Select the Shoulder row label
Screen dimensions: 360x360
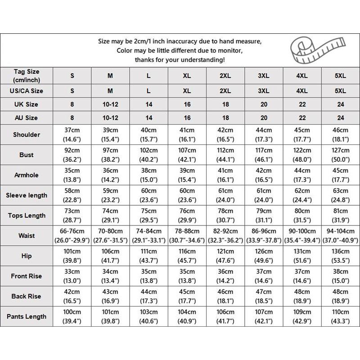(x=27, y=135)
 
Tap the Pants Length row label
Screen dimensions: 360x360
(x=27, y=316)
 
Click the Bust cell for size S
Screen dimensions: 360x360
(x=72, y=155)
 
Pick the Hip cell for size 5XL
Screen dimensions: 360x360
(x=341, y=256)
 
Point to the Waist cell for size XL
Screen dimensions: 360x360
(x=187, y=235)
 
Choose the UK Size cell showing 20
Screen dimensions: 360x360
(x=263, y=104)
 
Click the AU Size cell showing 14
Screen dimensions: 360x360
(x=149, y=118)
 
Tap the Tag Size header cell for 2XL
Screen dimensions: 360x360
(x=225, y=76)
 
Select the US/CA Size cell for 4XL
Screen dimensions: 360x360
(x=301, y=91)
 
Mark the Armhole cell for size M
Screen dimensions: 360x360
(x=110, y=175)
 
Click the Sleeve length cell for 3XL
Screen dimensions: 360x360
(x=263, y=195)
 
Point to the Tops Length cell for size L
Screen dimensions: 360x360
(x=149, y=215)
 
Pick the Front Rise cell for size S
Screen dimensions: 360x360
(x=72, y=276)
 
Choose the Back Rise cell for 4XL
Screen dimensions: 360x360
(x=301, y=296)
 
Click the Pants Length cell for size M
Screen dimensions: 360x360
(x=110, y=316)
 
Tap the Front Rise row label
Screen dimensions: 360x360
(x=27, y=276)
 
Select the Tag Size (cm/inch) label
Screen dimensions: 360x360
(x=27, y=76)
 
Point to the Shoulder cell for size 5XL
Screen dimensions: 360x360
(x=341, y=135)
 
